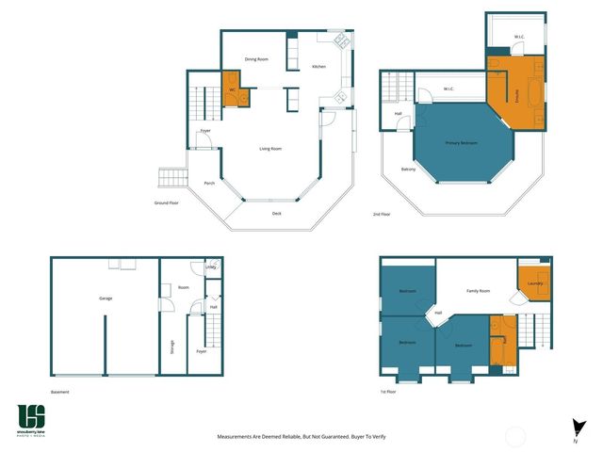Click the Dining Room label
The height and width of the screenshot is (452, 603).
(256, 59)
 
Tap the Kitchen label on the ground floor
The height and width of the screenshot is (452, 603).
(318, 67)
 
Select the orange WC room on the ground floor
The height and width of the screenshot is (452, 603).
(233, 90)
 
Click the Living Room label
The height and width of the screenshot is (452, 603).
(270, 149)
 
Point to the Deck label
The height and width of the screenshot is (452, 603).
(276, 214)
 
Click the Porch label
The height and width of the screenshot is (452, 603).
(209, 184)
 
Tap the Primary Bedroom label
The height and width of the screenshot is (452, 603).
(462, 143)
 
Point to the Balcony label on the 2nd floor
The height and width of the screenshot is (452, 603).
(408, 169)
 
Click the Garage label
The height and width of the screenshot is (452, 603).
(106, 299)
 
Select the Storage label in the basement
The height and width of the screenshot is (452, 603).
(172, 347)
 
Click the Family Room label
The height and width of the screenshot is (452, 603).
(479, 291)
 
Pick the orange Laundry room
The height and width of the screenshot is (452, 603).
(533, 283)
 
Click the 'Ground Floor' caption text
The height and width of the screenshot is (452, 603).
(168, 203)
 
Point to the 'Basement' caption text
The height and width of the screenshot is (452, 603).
(60, 392)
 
